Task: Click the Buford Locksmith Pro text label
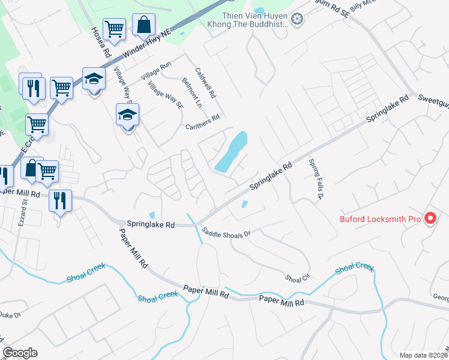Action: tap(381, 219)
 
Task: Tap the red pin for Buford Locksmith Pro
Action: tap(430, 219)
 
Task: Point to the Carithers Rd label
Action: tap(203, 122)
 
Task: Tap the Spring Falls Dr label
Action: tap(316, 179)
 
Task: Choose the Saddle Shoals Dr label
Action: tap(225, 233)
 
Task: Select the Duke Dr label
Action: tap(10, 314)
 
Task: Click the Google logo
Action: tap(20, 353)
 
